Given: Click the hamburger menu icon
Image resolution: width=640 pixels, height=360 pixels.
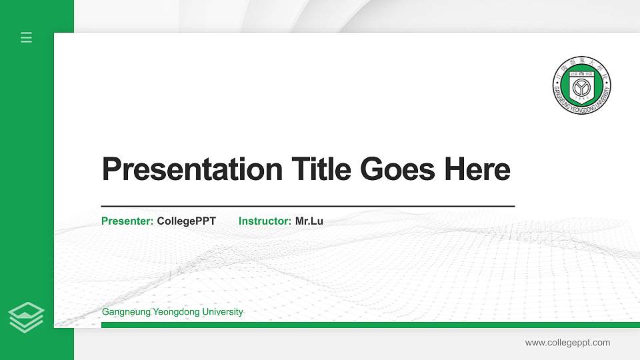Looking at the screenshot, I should pos(26,37).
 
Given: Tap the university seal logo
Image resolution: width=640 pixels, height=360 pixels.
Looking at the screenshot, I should pos(582,85).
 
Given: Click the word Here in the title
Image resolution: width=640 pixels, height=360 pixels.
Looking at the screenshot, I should pos(476,169).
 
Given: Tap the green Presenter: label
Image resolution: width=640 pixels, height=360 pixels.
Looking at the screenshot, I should pos(127,221).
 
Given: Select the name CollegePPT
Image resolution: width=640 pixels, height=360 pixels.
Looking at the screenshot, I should pos(187,221).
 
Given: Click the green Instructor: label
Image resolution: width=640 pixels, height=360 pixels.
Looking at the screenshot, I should pos(265,221).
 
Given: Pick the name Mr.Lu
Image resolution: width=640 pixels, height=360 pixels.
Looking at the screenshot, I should pos(309,221).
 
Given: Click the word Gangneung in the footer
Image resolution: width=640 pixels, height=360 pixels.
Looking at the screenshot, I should pos(125,312).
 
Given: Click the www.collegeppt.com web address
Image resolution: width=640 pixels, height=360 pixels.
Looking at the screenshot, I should pos(567,343).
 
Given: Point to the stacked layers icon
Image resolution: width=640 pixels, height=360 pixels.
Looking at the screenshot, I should pos(27,317).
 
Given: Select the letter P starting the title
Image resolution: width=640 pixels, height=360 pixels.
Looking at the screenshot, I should pos(111,169).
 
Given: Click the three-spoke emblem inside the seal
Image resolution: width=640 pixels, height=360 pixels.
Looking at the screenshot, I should pos(582,86).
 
